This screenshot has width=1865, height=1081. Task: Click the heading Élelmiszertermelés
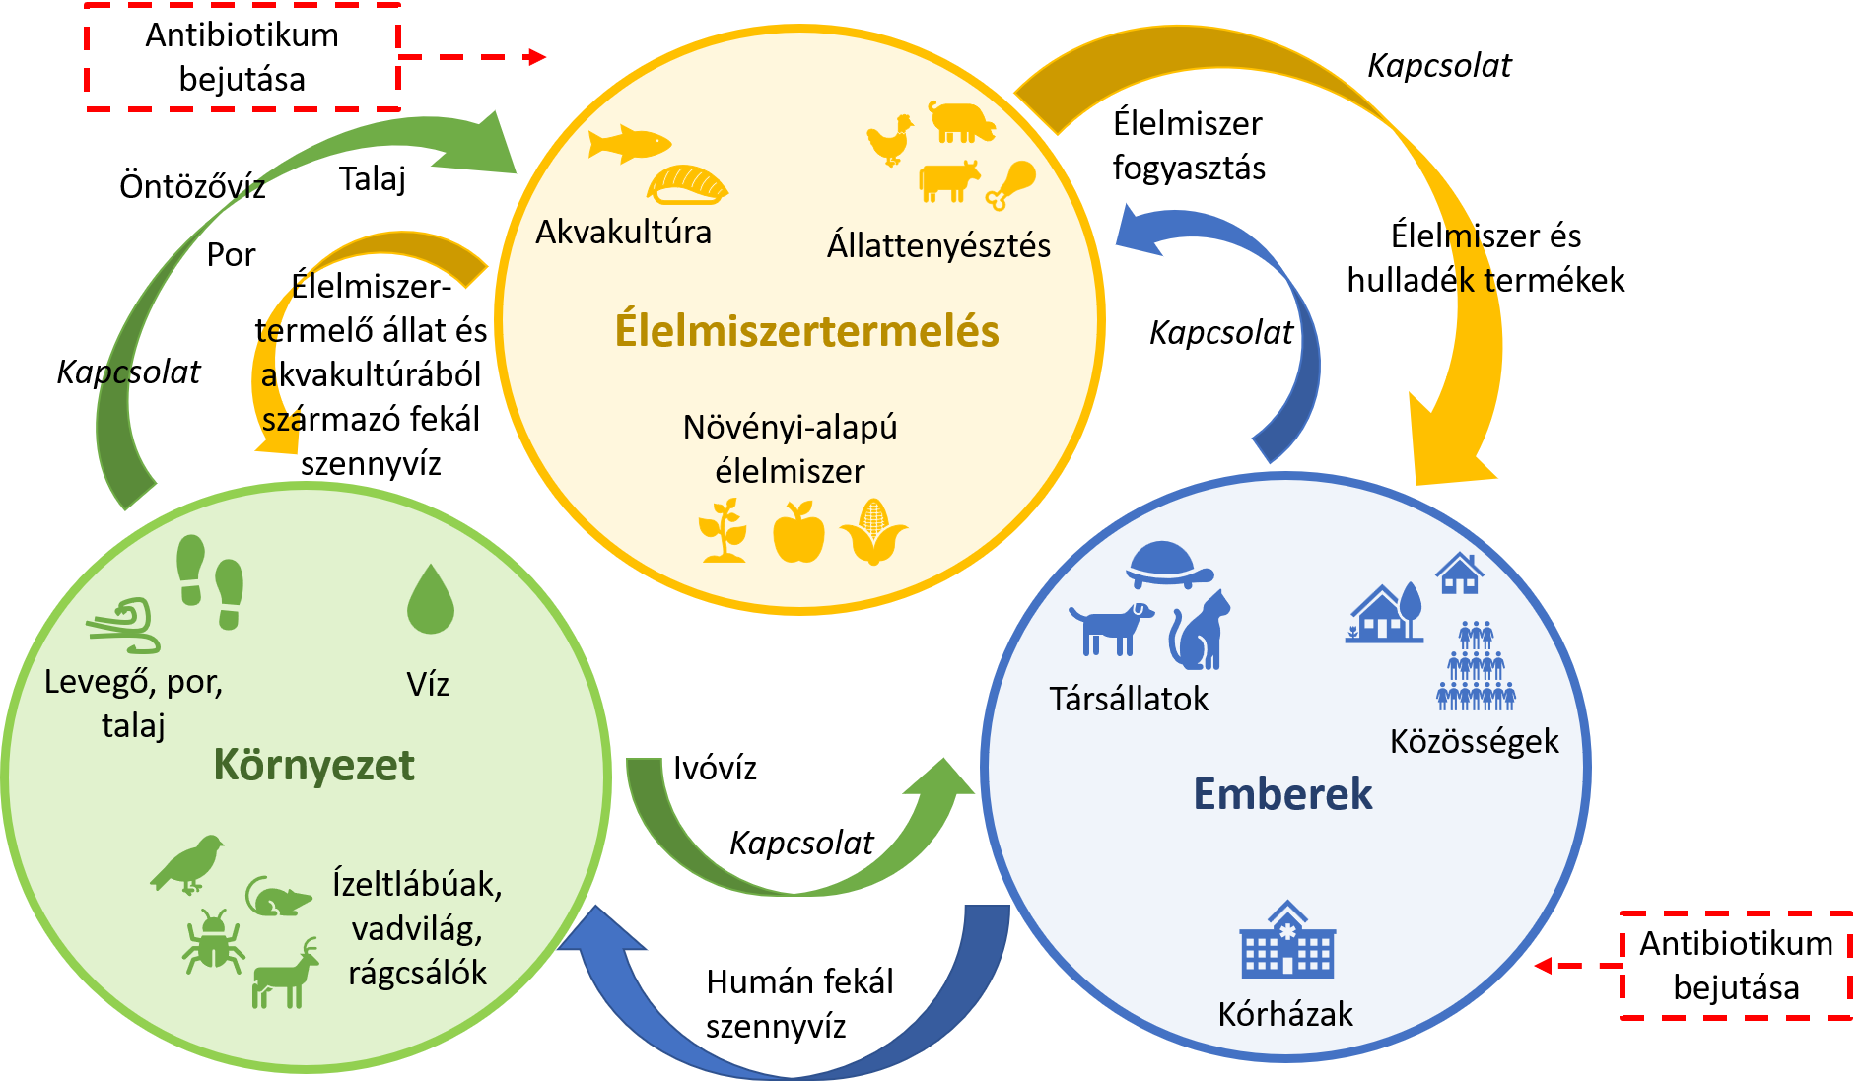(806, 331)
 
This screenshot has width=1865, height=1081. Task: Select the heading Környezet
(313, 766)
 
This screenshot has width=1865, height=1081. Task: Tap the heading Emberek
(1282, 794)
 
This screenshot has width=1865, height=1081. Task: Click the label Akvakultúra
(623, 233)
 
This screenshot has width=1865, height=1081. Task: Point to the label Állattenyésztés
(938, 245)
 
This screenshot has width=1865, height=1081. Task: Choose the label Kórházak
(1285, 1014)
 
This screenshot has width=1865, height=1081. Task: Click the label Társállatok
(1129, 699)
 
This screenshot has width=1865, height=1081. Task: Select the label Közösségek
(1474, 741)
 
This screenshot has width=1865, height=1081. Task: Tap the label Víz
(428, 684)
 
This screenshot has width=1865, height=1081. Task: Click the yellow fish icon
(628, 143)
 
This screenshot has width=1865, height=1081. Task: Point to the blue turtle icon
(1169, 565)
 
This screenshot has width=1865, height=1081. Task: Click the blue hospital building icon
(1286, 940)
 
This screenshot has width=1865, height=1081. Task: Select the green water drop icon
(431, 599)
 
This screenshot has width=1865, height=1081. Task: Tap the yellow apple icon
(798, 533)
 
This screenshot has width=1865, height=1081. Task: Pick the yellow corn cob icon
(873, 532)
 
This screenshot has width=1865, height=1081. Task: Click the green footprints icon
(210, 581)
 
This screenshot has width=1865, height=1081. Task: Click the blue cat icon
(1200, 632)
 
